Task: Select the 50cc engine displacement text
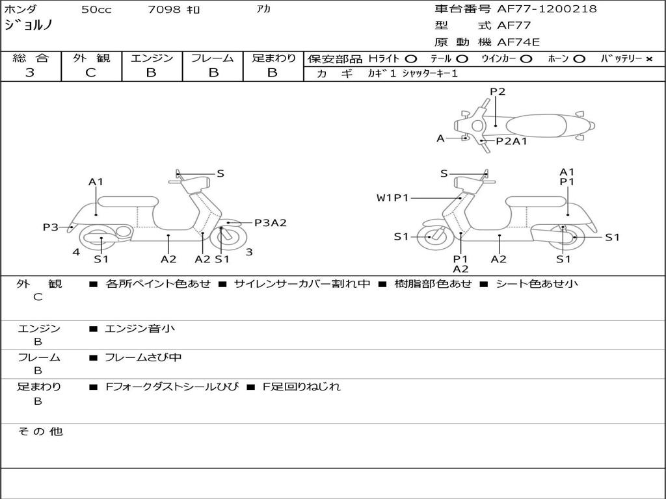tap(96, 10)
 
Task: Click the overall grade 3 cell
tap(30, 73)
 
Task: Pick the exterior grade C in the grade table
tap(90, 73)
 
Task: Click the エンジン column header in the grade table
tap(152, 58)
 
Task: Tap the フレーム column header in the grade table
tap(212, 58)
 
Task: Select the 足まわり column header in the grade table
tap(273, 58)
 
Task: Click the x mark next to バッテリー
tap(649, 59)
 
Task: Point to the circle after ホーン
tap(579, 59)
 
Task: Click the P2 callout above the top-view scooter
tap(498, 92)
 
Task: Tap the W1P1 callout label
tap(392, 198)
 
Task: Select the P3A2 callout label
tap(270, 223)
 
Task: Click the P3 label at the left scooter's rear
tap(51, 227)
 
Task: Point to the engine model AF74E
tap(518, 42)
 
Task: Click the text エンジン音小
tap(140, 329)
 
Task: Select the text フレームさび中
tap(143, 357)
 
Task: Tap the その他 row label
tap(40, 431)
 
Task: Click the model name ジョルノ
tap(29, 25)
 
